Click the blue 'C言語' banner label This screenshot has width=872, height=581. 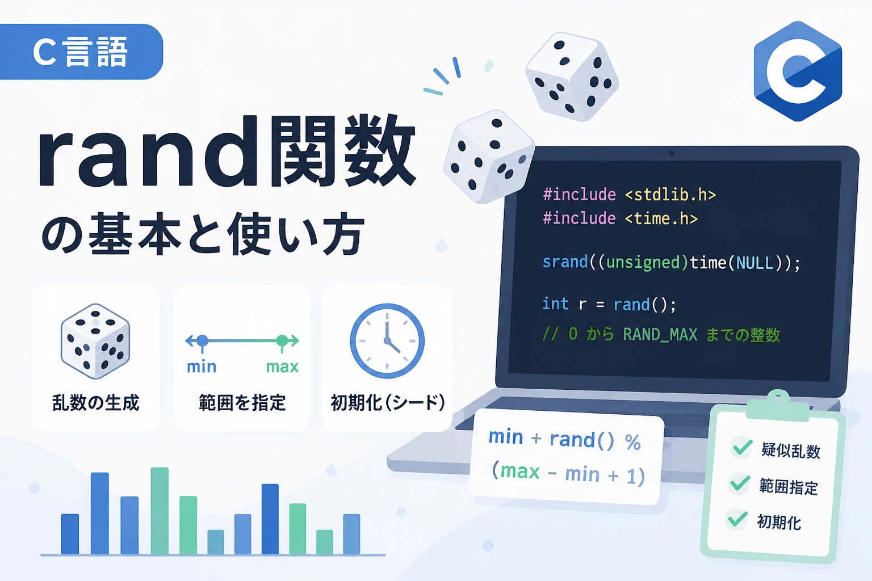81,52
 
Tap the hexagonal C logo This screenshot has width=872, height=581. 798,71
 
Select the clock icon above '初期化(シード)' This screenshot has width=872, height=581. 387,341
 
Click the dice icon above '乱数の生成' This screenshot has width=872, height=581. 95,342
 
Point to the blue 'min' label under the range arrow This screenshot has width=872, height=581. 202,367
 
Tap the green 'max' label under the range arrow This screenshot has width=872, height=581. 282,367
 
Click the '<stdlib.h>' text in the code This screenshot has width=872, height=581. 670,195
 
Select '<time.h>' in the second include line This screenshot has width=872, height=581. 661,218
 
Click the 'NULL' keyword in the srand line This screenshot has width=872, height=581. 754,263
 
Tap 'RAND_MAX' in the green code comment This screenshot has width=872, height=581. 660,335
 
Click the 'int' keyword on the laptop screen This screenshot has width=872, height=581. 556,304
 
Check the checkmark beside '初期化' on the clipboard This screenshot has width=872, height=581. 737,519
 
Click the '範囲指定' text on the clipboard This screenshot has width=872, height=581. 789,487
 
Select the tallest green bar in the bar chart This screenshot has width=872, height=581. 160,511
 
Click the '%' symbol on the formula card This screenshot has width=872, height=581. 633,443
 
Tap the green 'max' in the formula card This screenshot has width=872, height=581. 520,471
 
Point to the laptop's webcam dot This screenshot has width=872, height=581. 671,154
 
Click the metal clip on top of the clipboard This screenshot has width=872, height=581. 777,407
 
